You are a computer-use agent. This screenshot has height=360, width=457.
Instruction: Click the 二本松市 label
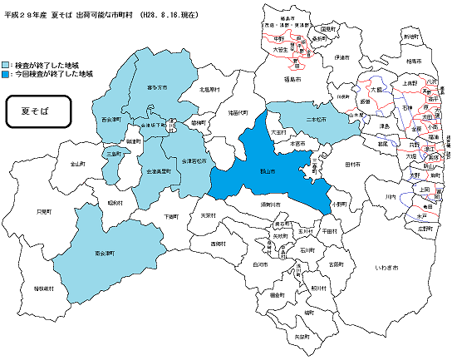315,120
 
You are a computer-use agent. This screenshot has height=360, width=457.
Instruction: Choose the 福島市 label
292,80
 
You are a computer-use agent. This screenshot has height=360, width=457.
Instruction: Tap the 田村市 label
341,164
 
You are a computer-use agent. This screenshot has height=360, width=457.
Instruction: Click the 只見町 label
45,211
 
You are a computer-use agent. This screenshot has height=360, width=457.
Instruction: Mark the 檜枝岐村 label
44,288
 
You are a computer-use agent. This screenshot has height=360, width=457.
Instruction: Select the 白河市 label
259,264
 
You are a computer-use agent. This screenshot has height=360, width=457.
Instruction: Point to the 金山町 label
77,164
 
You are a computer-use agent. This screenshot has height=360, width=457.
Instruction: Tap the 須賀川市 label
272,203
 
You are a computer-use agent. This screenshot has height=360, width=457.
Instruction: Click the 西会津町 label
111,119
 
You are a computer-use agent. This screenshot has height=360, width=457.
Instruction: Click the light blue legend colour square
7,64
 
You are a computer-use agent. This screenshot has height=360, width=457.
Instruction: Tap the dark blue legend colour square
7,75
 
